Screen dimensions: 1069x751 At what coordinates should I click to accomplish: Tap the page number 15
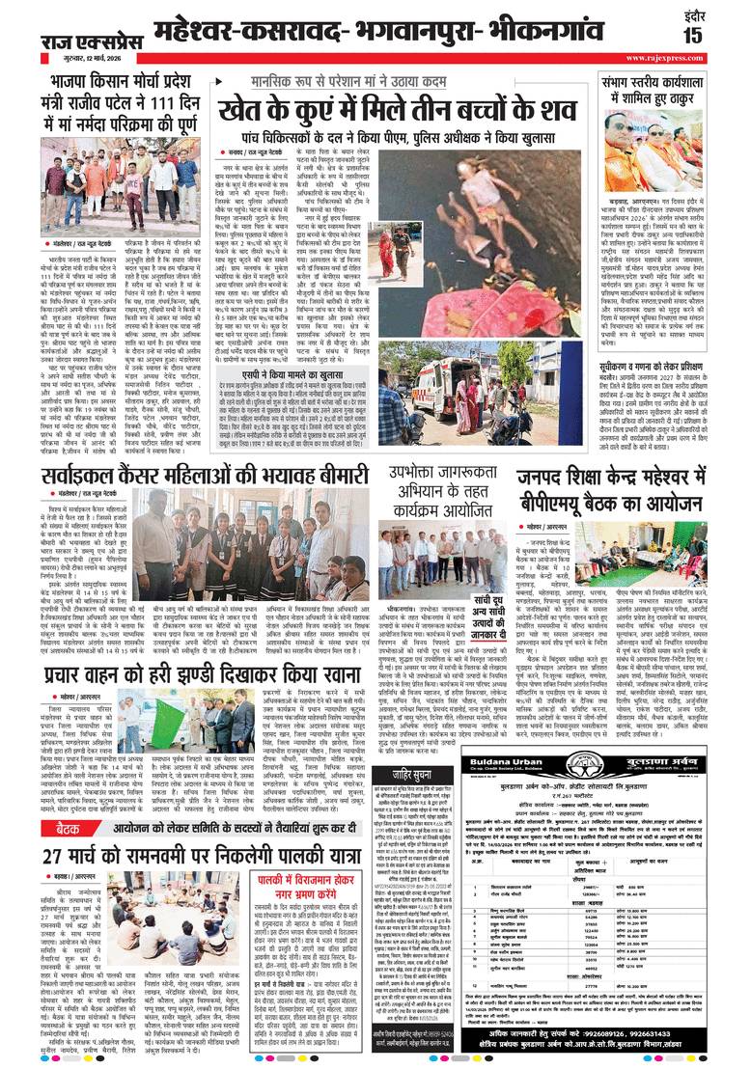[720, 36]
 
